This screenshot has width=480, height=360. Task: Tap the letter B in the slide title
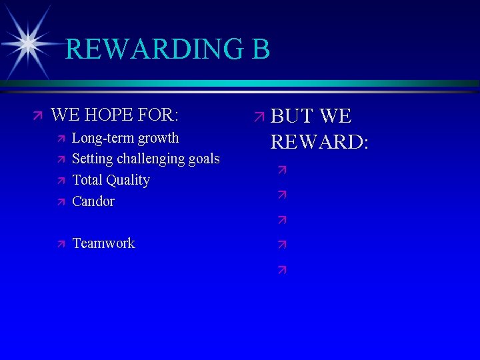259,49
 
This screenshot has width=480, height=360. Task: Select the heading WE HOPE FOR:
115,115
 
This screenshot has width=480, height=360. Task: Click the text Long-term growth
125,138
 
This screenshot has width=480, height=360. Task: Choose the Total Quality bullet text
111,180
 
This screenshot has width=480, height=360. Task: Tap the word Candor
93,201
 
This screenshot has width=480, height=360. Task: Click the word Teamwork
103,243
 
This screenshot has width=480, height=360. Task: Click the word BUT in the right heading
292,117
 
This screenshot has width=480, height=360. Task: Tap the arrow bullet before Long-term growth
60,139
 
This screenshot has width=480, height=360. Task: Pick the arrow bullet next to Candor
60,201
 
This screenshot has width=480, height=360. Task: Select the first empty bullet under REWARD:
282,171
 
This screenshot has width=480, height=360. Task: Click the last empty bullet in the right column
282,270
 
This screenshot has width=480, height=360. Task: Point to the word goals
204,159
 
